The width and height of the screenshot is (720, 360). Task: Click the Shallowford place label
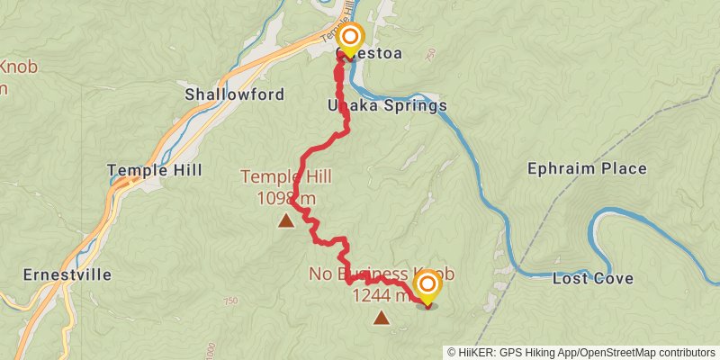click(x=234, y=94)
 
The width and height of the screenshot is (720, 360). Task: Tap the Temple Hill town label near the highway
click(x=154, y=170)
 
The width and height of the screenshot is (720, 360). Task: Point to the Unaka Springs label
click(x=387, y=106)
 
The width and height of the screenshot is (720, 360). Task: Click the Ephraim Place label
click(x=587, y=168)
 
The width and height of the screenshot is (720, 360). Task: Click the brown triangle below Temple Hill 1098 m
click(x=286, y=220)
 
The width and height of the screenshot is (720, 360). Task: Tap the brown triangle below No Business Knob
click(x=382, y=317)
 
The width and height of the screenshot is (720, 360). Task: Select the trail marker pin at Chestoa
click(x=350, y=39)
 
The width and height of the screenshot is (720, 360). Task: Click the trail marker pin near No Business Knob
click(x=427, y=287)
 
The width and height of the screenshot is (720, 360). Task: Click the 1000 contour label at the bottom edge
click(x=210, y=349)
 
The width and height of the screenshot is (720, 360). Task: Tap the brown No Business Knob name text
click(x=382, y=274)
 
